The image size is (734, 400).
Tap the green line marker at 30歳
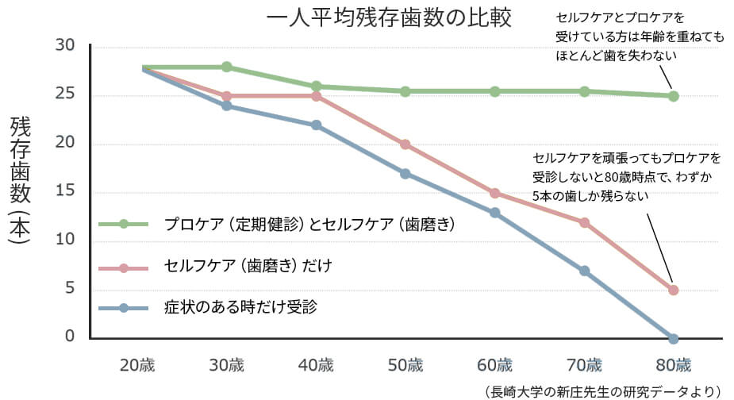pyautogui.click(x=227, y=67)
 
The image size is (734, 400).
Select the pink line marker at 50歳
pyautogui.click(x=405, y=144)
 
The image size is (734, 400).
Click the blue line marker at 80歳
pyautogui.click(x=674, y=339)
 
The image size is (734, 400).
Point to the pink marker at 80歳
pyautogui.click(x=674, y=290)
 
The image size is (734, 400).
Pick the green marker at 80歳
pyautogui.click(x=674, y=96)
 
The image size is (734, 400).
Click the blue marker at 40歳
pyautogui.click(x=317, y=125)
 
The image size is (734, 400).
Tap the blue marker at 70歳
pyautogui.click(x=584, y=271)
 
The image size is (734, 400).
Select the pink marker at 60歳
pyautogui.click(x=495, y=193)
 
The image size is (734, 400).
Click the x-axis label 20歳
pyautogui.click(x=137, y=366)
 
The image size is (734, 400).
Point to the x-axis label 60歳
pyautogui.click(x=495, y=366)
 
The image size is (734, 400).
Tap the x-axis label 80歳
pyautogui.click(x=674, y=366)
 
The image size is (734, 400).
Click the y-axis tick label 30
pyautogui.click(x=65, y=46)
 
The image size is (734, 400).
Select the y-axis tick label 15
pyautogui.click(x=65, y=192)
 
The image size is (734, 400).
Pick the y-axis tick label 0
pyautogui.click(x=70, y=337)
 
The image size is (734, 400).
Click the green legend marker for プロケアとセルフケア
pyautogui.click(x=124, y=225)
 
